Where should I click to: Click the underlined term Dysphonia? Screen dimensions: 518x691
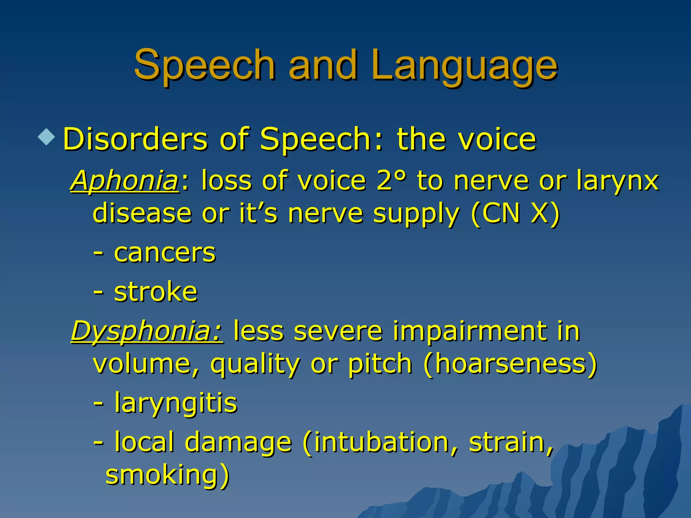point(146,331)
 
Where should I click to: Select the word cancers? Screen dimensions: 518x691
point(165,253)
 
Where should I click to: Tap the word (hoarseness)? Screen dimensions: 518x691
point(510,364)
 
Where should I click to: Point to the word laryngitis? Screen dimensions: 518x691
point(176,403)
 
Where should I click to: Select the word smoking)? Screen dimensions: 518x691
point(167,475)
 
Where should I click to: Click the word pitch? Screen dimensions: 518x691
point(380,364)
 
